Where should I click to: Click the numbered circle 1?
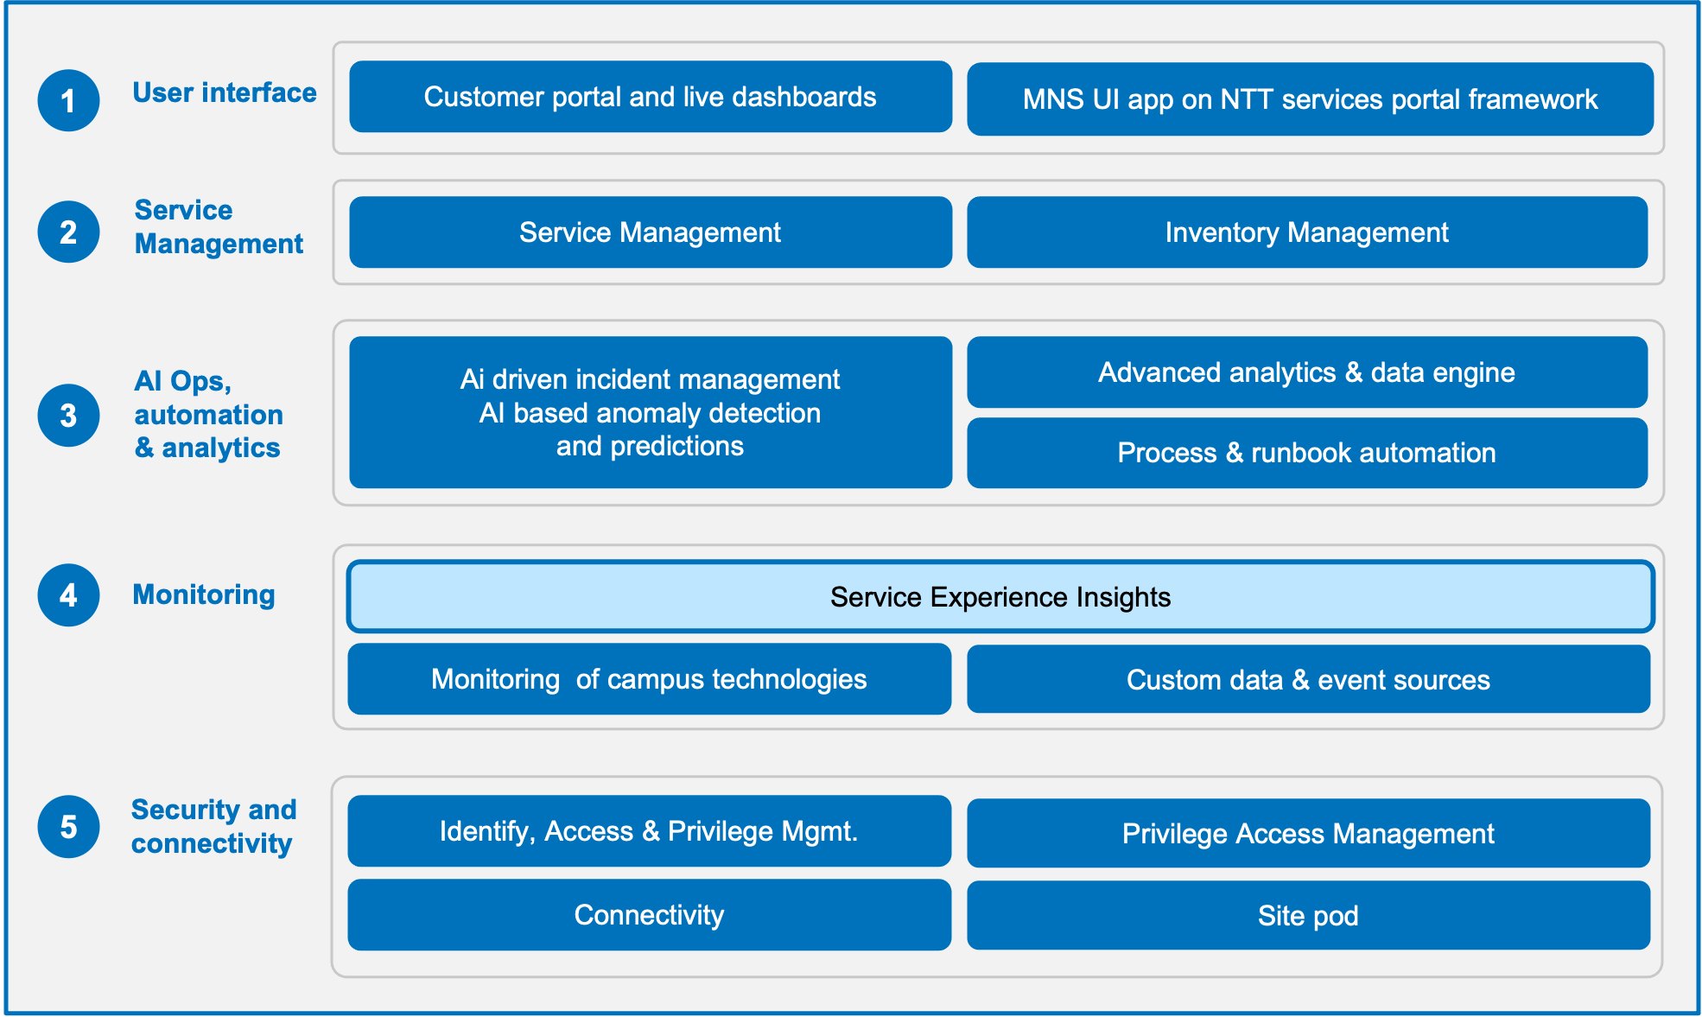(68, 100)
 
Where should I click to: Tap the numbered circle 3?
(68, 416)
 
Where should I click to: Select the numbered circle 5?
(68, 827)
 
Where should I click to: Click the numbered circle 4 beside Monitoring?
(68, 595)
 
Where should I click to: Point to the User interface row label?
(225, 92)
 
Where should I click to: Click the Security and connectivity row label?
(213, 826)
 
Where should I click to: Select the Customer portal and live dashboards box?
(651, 97)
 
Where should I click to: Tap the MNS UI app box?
(1310, 99)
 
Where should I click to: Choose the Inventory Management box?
(1307, 232)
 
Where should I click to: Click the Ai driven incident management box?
(651, 412)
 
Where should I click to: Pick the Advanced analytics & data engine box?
(1307, 372)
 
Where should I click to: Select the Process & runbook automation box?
(1307, 453)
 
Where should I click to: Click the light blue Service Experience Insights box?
(1000, 597)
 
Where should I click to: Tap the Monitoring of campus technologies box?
(650, 679)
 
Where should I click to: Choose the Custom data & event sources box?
(1308, 679)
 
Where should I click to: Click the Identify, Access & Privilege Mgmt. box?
(650, 831)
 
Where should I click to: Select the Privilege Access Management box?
(1308, 833)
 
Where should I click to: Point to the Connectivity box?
(650, 915)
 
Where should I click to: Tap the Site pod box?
(1308, 915)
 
